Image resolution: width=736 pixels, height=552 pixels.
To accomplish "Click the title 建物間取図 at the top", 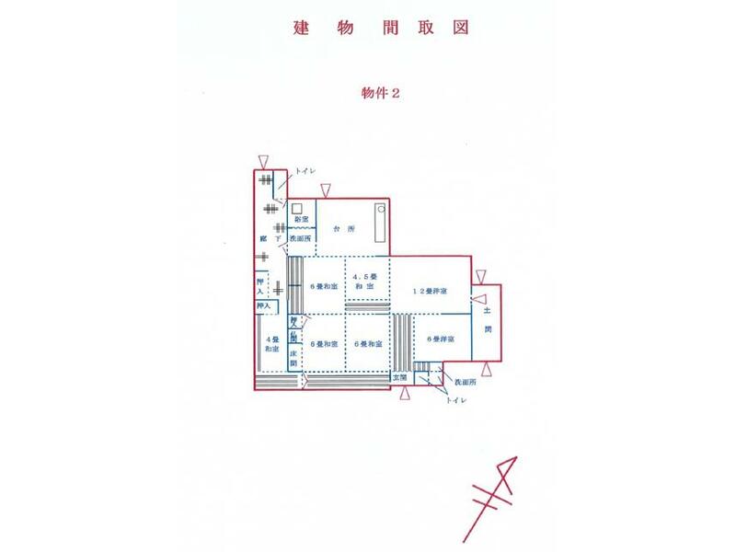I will click(x=382, y=27).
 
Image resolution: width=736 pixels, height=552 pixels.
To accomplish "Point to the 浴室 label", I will click(x=301, y=220).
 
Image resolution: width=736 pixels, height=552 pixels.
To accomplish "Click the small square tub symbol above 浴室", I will click(x=297, y=207).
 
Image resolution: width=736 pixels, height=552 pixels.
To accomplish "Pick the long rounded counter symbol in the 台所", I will click(x=380, y=223).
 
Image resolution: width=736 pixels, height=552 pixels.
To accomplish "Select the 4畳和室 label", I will click(x=272, y=344).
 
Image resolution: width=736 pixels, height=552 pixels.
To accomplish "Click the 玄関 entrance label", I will click(x=399, y=377).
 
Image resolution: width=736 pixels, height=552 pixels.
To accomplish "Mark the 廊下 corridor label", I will click(x=270, y=238).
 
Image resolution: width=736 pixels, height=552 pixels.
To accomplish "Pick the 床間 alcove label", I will click(x=293, y=358).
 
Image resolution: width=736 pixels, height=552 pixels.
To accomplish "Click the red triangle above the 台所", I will click(x=326, y=190).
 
